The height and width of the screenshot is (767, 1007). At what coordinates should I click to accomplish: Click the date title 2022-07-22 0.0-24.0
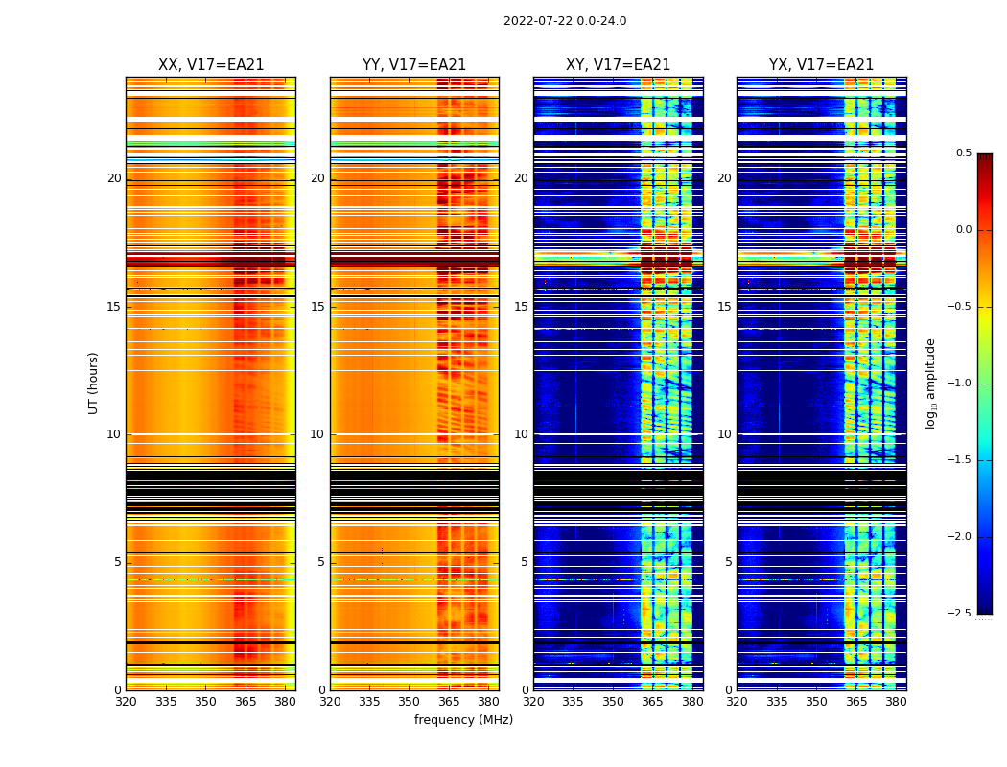click(565, 21)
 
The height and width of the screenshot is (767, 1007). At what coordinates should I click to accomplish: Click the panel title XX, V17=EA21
click(211, 65)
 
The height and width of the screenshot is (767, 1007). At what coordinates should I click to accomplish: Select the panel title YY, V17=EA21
click(414, 65)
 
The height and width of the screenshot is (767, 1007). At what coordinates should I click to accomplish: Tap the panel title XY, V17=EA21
click(618, 65)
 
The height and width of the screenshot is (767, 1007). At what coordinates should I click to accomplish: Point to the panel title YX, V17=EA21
click(821, 65)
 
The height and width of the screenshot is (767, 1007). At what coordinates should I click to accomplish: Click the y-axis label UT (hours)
click(93, 383)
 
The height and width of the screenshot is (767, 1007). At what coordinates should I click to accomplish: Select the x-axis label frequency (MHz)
click(463, 720)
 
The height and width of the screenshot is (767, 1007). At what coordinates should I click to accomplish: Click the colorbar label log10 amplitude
click(930, 383)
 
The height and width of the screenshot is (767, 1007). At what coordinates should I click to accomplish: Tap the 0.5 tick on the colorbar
click(963, 153)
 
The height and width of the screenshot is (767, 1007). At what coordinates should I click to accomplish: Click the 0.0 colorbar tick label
click(963, 230)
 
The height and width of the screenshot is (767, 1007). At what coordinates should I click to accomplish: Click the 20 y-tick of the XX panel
click(114, 178)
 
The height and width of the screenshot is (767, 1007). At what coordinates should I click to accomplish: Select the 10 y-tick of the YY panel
click(318, 434)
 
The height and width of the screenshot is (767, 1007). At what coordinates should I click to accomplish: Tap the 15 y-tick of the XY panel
click(522, 307)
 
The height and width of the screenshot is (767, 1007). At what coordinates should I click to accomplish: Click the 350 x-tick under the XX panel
click(205, 702)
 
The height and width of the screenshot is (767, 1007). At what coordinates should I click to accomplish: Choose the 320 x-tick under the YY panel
click(330, 702)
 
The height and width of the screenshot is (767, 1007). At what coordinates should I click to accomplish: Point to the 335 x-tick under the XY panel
click(574, 702)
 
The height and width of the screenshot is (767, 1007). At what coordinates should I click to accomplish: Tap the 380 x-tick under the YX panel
click(896, 702)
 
